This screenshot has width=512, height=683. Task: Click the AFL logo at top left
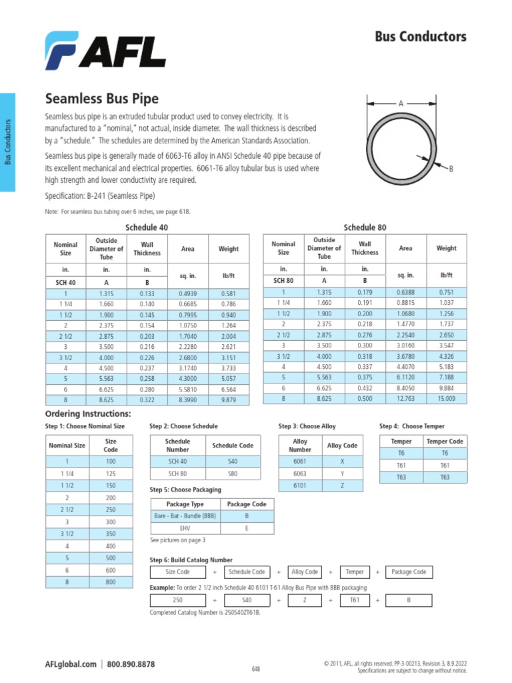(105, 50)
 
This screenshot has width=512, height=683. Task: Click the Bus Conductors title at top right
(421, 37)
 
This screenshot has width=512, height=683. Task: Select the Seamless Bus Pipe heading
(101, 99)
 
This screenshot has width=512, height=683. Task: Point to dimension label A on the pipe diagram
(401, 103)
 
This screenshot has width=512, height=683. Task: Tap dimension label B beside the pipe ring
(451, 169)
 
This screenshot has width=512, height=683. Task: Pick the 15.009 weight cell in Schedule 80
(446, 399)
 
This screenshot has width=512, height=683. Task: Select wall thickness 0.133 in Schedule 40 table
(147, 293)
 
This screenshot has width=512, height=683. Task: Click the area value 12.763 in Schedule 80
(405, 399)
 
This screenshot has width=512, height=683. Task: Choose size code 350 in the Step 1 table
(111, 534)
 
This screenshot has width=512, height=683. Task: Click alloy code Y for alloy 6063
(342, 473)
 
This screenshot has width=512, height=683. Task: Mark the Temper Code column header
(445, 442)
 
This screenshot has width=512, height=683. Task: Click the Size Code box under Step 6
(177, 572)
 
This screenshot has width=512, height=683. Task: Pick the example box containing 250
(177, 600)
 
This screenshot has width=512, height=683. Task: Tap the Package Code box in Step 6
(409, 572)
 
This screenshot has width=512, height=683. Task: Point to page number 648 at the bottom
(256, 668)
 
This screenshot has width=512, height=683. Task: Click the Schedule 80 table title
(364, 227)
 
